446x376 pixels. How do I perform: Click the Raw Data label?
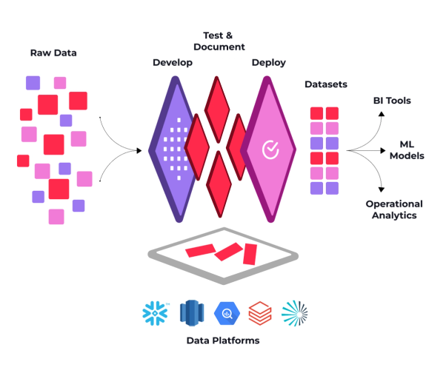53,53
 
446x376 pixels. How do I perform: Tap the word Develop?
173,63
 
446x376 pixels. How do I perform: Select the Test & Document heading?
224,41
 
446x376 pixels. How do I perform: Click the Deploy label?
269,63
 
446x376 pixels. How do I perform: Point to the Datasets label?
326,84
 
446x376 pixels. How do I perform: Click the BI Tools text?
392,101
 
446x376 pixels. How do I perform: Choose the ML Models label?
407,150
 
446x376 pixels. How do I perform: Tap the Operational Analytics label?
394,209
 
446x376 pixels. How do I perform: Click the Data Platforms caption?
223,340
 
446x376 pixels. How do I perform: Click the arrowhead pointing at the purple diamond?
138,151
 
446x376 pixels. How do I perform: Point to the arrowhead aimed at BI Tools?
381,114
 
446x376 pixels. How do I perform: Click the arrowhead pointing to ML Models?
385,151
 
